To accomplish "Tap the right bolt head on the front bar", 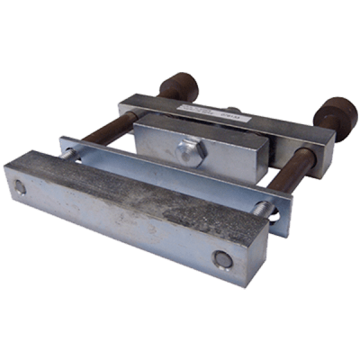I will (x=221, y=261).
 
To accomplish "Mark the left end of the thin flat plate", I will (x=65, y=144).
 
